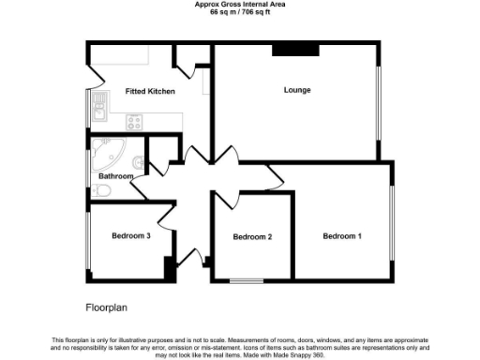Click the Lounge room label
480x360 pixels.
coord(297,90)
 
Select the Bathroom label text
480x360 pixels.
coord(116,176)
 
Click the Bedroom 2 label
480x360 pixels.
coord(252,236)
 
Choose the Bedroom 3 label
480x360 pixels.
coord(131,235)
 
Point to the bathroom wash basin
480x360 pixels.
coord(138,160)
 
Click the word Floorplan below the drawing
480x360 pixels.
coord(104,307)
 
